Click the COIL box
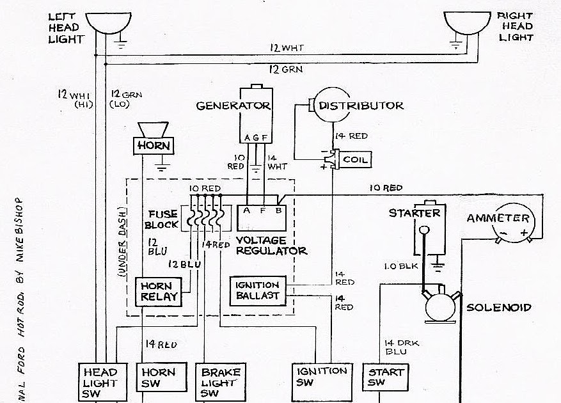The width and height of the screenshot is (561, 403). point(354,159)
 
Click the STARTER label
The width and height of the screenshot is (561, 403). point(415,213)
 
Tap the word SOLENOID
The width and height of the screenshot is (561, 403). point(499,307)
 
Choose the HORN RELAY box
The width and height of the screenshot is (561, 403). point(157,292)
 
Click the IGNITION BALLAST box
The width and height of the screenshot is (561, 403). point(257,290)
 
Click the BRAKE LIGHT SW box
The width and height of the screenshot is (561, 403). point(219,382)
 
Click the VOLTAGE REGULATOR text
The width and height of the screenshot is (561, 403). point(271,245)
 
